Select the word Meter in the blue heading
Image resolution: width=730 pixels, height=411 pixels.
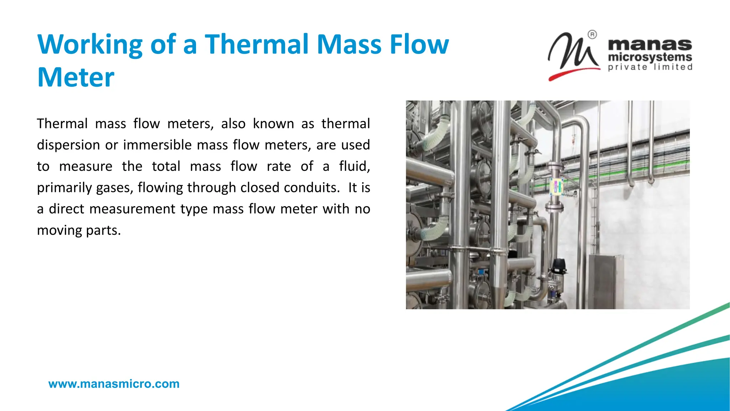tap(76, 77)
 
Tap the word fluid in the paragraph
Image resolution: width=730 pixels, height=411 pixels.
tap(354, 166)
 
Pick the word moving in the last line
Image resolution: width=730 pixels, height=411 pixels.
tap(59, 230)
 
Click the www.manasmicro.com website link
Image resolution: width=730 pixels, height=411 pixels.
tap(114, 384)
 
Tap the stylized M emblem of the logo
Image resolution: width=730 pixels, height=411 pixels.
tap(573, 54)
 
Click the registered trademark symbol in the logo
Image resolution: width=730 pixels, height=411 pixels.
tap(592, 35)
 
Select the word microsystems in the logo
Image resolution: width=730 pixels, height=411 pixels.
tap(649, 57)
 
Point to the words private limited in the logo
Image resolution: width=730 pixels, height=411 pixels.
tap(650, 67)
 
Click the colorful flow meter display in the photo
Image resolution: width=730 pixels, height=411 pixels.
tap(556, 187)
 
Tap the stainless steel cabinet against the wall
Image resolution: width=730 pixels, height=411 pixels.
tap(605, 282)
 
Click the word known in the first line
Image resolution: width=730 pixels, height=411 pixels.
tap(273, 124)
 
